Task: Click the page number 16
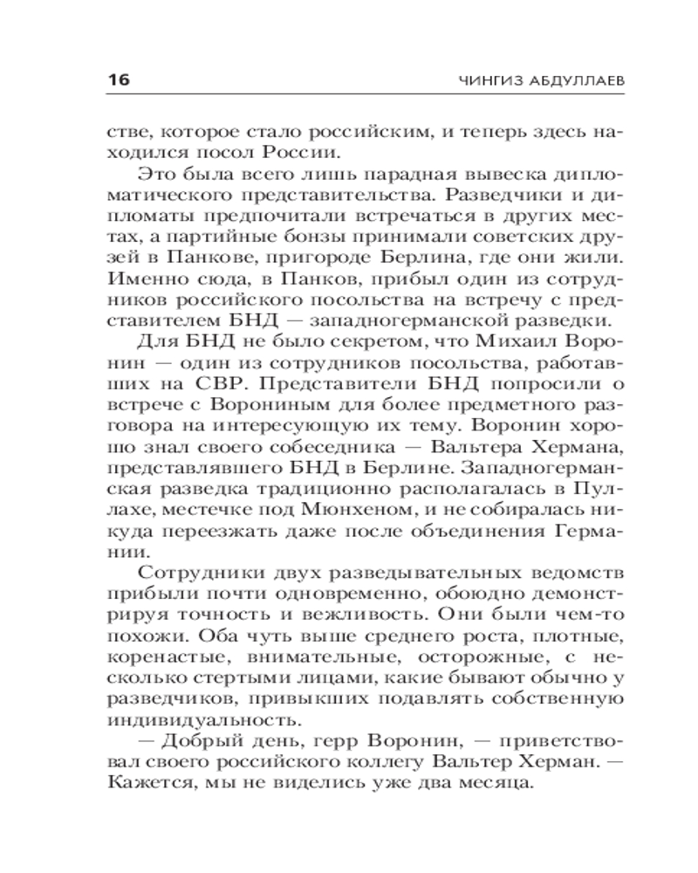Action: point(118,80)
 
